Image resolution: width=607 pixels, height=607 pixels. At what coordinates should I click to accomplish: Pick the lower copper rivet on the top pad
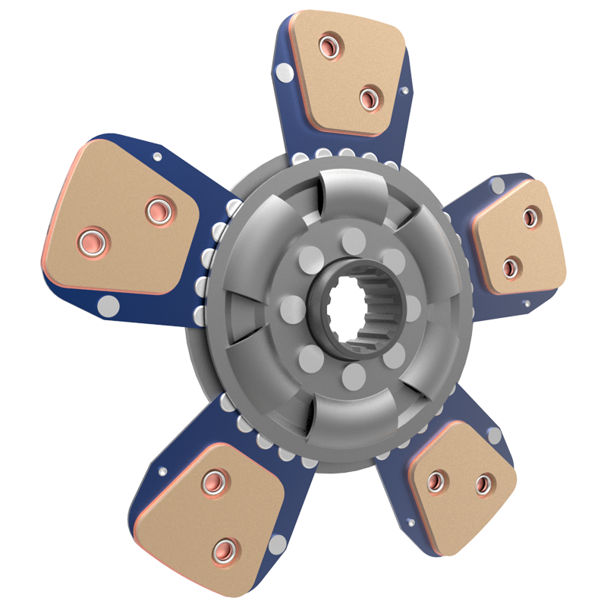tap(369, 97)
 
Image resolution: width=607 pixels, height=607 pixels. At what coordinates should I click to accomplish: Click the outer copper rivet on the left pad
tap(90, 241)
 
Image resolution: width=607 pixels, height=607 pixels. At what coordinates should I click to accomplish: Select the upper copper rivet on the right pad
tap(530, 219)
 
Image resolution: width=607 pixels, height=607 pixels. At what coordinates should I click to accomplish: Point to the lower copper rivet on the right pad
tap(510, 266)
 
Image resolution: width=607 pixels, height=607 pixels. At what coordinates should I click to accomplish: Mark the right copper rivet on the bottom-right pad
tap(483, 483)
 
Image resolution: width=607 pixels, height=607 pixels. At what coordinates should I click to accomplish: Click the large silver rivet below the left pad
tap(110, 307)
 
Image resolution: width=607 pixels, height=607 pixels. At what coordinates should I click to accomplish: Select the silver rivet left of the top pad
tap(283, 72)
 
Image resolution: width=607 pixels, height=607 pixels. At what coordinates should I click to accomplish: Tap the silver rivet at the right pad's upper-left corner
tap(497, 185)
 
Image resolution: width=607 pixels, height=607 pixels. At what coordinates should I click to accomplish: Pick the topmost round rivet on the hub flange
tap(354, 242)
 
